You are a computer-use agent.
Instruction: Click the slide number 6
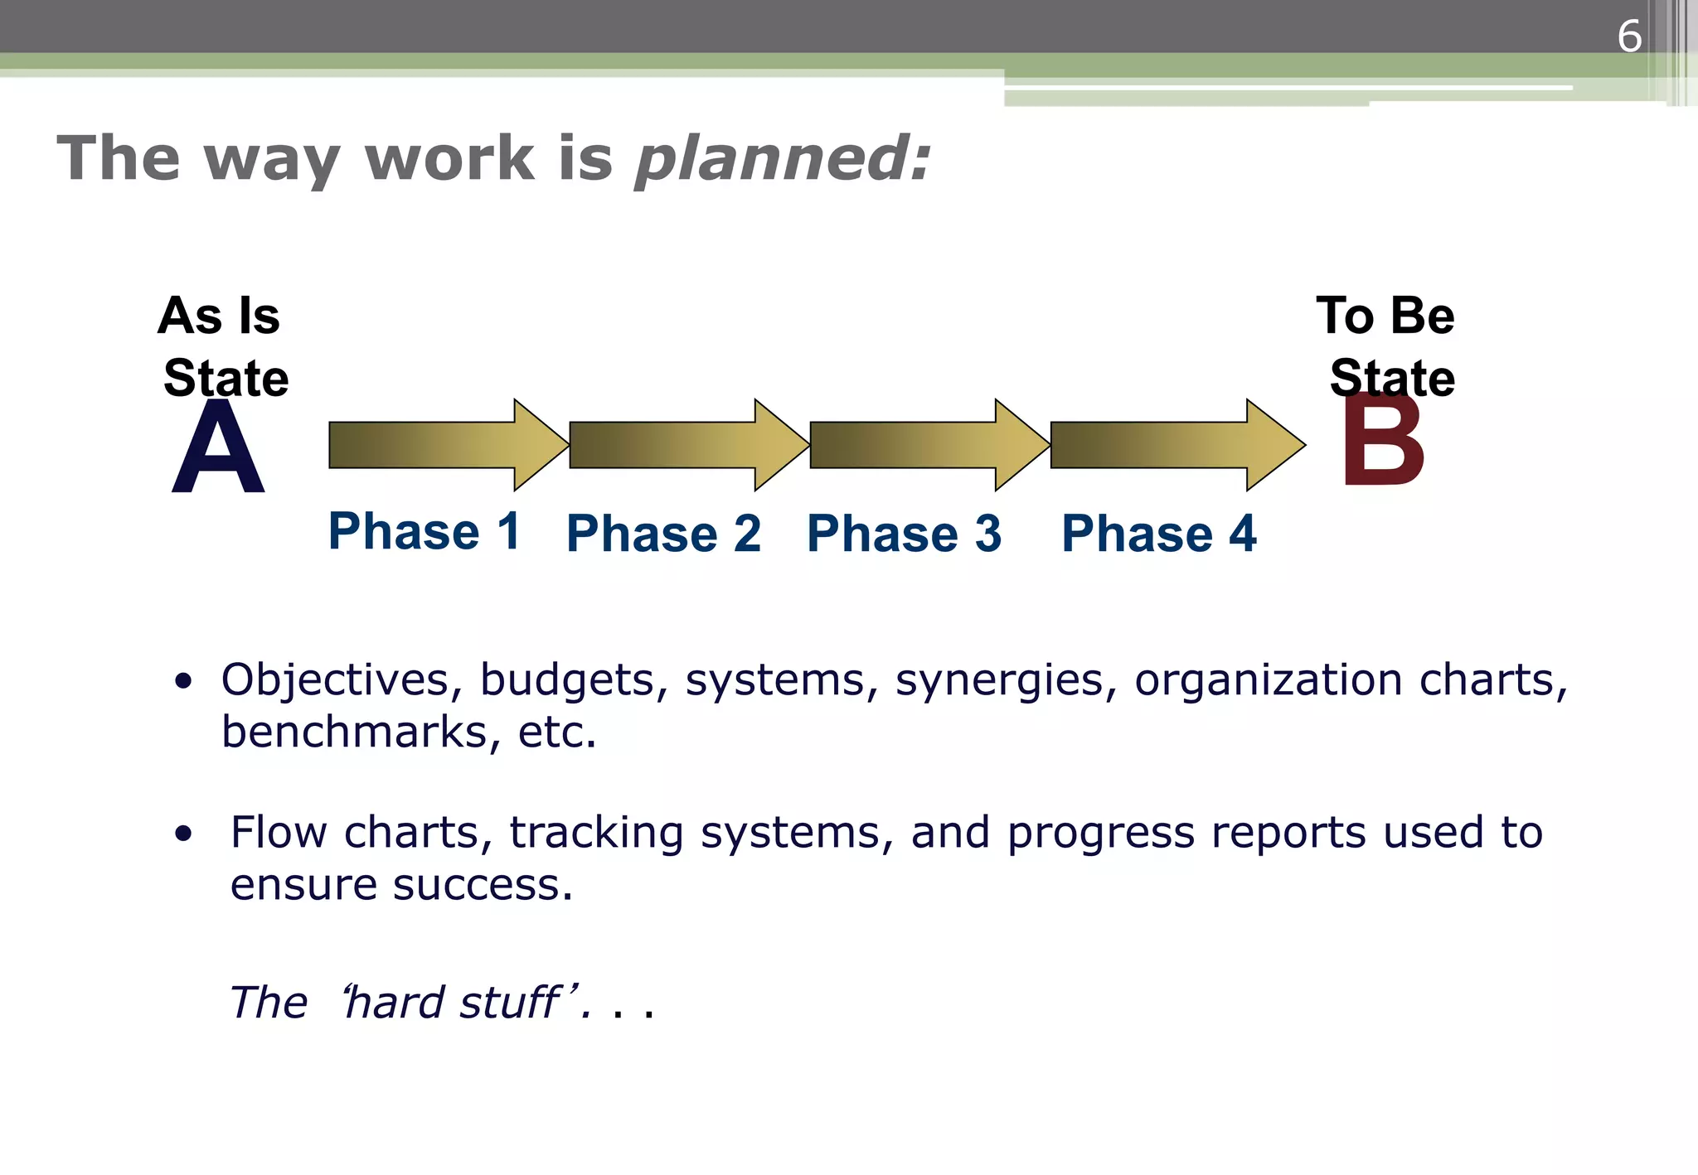pyautogui.click(x=1628, y=36)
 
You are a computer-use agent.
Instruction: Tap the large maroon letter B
pyautogui.click(x=1382, y=443)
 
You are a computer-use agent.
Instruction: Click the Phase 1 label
pyautogui.click(x=424, y=531)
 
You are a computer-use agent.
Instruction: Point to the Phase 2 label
pyautogui.click(x=663, y=534)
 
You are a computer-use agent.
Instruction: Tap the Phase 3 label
pyautogui.click(x=904, y=534)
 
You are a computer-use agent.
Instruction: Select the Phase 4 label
pyautogui.click(x=1158, y=534)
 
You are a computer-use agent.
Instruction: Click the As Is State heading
pyautogui.click(x=222, y=346)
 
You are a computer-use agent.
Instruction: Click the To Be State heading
pyautogui.click(x=1387, y=346)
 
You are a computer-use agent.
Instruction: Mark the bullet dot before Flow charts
pyautogui.click(x=183, y=834)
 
